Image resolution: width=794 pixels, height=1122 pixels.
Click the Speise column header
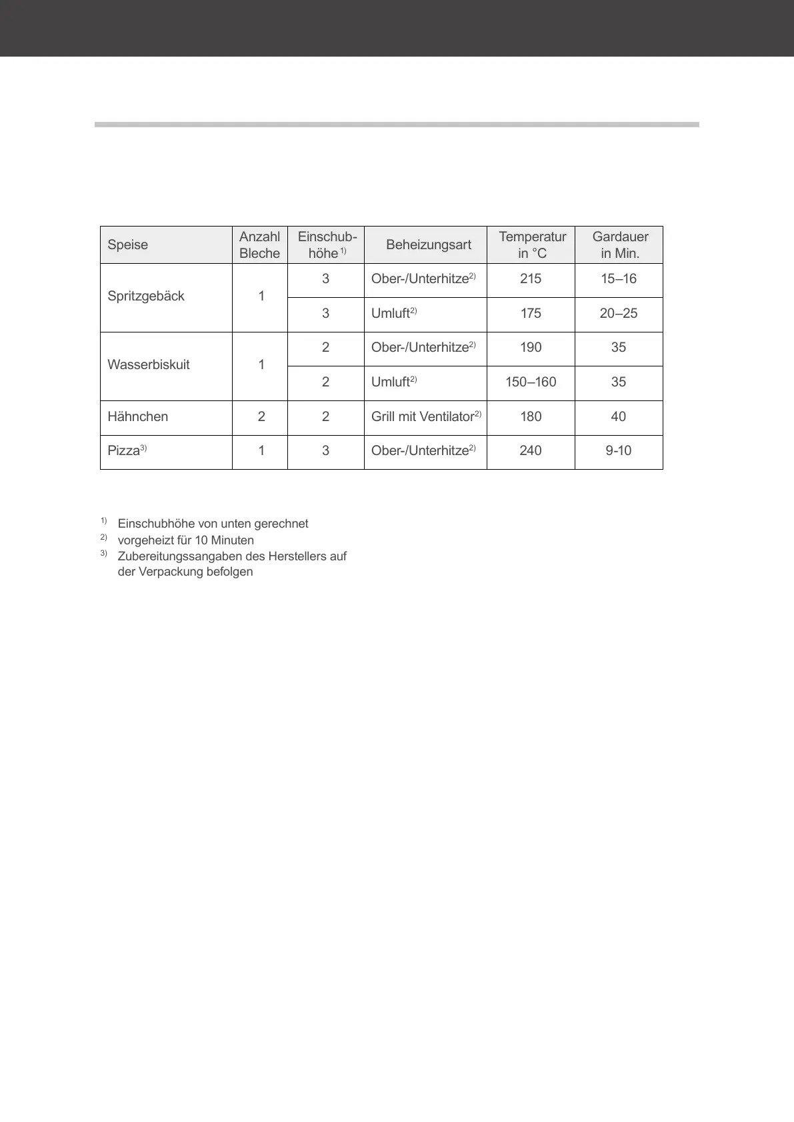(128, 245)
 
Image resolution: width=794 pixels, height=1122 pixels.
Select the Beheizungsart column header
(428, 245)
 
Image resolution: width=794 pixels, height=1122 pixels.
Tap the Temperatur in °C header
(532, 245)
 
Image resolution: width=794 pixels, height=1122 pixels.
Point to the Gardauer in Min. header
(620, 245)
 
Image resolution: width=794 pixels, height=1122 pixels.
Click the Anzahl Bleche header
(259, 245)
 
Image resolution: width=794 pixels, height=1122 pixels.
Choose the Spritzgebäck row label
(146, 296)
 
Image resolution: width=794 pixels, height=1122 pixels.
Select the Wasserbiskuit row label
(149, 364)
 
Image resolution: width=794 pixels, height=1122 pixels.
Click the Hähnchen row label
(138, 416)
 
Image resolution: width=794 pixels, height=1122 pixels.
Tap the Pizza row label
(124, 450)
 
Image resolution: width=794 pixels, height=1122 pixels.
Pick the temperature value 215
(531, 279)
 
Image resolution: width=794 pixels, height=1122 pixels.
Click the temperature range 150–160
(531, 382)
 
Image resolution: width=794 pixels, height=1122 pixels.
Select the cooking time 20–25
(618, 313)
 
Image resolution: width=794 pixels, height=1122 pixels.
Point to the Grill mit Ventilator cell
(423, 416)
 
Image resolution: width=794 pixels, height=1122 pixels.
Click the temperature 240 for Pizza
(531, 450)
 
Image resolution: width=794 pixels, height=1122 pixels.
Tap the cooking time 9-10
(618, 450)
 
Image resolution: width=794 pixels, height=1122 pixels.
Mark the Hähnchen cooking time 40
(618, 416)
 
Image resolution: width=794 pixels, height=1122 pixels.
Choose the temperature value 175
(531, 313)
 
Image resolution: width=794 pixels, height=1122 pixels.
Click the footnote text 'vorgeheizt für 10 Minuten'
(185, 540)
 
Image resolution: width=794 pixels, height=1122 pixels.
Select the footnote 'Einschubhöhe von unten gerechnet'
(213, 524)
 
